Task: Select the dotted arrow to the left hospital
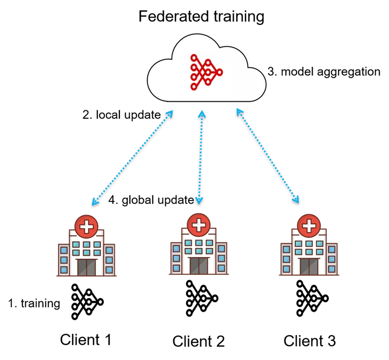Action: click(132, 157)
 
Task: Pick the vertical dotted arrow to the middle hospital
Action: click(200, 156)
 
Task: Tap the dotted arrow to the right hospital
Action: click(267, 155)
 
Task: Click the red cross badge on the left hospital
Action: click(87, 226)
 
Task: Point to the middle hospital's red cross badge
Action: click(198, 224)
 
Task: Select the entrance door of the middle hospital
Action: click(198, 265)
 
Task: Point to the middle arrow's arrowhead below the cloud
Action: click(202, 113)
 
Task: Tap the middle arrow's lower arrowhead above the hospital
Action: click(199, 199)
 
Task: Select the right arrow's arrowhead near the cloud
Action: click(238, 112)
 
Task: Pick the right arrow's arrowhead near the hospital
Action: click(296, 199)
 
